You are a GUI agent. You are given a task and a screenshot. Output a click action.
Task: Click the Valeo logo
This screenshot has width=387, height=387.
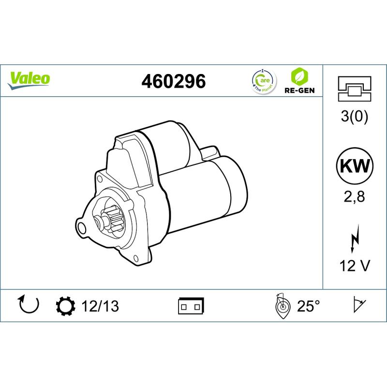click(29, 79)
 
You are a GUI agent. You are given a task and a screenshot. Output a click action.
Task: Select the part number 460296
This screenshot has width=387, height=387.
click(173, 81)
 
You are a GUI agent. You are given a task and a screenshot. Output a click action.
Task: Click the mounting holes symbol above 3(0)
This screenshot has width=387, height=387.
click(355, 89)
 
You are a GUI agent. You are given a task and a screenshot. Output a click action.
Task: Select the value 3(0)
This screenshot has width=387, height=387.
click(355, 118)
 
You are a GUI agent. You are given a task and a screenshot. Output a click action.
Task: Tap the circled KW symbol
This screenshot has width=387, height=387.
click(355, 166)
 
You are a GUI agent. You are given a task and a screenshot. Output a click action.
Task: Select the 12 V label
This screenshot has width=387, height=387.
click(355, 266)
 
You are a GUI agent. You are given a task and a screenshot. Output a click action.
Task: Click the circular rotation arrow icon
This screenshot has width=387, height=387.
click(28, 305)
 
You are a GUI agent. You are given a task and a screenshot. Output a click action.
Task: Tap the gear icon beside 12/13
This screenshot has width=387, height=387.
click(65, 306)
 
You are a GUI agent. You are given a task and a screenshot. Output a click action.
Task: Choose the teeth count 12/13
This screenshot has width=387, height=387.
click(100, 306)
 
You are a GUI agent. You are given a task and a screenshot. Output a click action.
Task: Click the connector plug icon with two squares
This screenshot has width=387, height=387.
click(192, 306)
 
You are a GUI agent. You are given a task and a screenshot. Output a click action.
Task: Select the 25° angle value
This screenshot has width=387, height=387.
click(308, 306)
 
